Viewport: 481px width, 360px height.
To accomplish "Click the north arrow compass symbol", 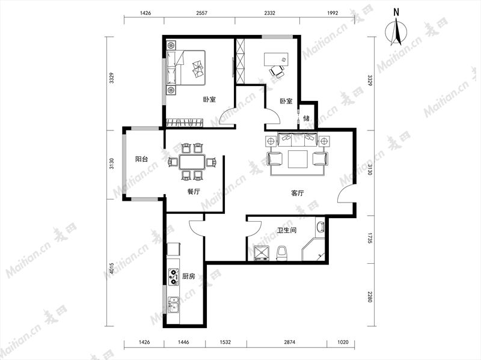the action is pos(396,31).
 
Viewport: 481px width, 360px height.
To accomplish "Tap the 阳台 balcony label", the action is pos(142,159).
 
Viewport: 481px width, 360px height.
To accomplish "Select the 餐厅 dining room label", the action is pos(194,192).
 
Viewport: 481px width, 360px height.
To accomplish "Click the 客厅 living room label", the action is pos(297,193).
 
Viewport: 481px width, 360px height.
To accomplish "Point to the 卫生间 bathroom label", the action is pos(287,230).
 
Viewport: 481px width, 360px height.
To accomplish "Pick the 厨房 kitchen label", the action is pos(188,276).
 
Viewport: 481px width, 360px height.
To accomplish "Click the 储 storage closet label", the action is pos(306,118).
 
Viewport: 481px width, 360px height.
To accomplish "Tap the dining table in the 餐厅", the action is pos(192,162).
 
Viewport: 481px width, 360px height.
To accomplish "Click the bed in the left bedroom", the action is pos(186,68).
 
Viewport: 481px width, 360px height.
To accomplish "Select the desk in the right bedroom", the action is pos(276,59).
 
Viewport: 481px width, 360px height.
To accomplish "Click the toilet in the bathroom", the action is pos(281,253).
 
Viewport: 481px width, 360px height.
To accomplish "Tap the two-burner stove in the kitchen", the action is pos(174,277).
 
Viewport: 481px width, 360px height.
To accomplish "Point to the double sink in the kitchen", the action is pos(174,305).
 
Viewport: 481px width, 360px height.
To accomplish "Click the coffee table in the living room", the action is pos(298,159).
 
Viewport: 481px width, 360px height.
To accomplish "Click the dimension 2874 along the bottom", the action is pos(289,342).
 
